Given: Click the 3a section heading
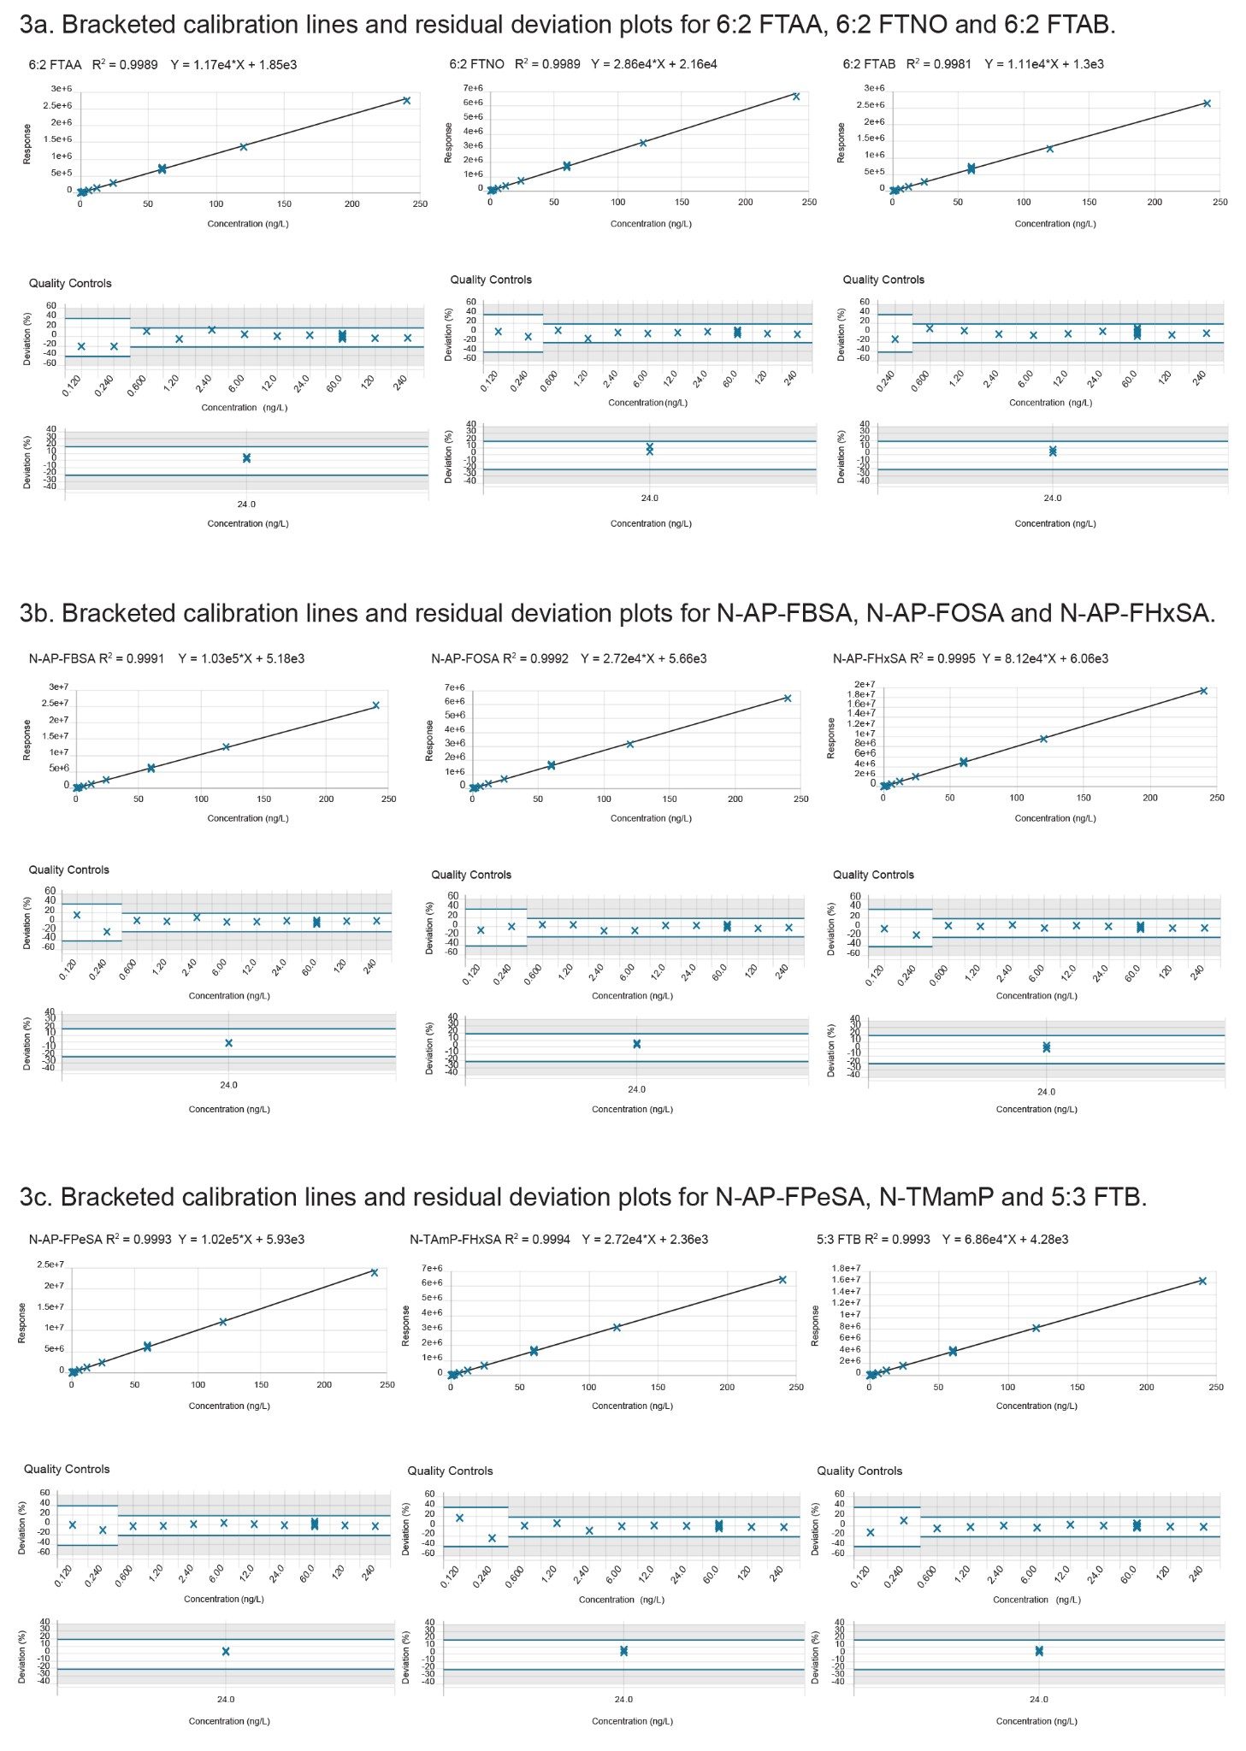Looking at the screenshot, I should pos(567,25).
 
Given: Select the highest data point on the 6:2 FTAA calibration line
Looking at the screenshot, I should pos(406,101).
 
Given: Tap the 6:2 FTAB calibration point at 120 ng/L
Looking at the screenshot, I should pos(1049,149).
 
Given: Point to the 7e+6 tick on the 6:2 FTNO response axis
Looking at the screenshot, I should pos(474,88).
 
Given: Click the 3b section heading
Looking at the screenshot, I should pos(617,613).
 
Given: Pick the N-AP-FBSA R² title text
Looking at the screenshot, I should pos(97,658).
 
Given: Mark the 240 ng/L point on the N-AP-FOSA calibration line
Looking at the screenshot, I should pos(788,699).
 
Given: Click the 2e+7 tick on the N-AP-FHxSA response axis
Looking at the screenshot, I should pos(865,685).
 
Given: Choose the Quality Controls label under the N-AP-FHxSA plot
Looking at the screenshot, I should pos(873,875).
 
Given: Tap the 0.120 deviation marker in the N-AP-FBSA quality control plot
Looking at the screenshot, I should pos(77,915).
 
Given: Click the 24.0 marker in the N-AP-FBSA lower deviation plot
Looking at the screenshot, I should pos(228,1043).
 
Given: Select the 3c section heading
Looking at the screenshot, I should pos(582,1197).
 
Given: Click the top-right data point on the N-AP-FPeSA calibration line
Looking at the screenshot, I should pos(374,1272).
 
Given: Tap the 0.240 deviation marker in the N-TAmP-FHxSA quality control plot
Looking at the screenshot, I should pos(492,1538).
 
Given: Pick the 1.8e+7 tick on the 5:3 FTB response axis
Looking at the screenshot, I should pos(846,1269).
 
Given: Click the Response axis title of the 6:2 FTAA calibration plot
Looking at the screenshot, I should pos(27,144).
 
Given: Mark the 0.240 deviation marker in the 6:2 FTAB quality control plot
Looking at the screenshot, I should pos(895,339).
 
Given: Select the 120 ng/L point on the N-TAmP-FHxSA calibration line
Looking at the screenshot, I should pos(617,1328).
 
